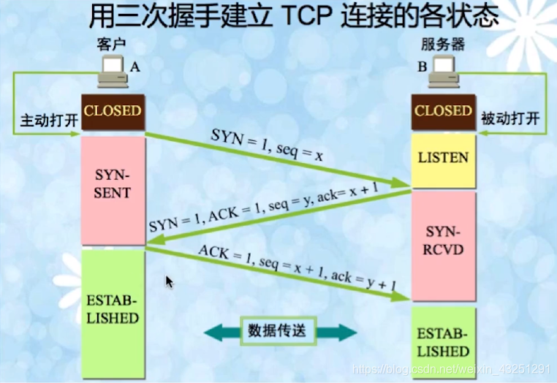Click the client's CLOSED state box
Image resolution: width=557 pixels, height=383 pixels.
coord(113,112)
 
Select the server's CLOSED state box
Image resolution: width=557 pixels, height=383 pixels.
coord(443,112)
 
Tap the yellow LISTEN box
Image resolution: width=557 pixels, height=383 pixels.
coord(443,157)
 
